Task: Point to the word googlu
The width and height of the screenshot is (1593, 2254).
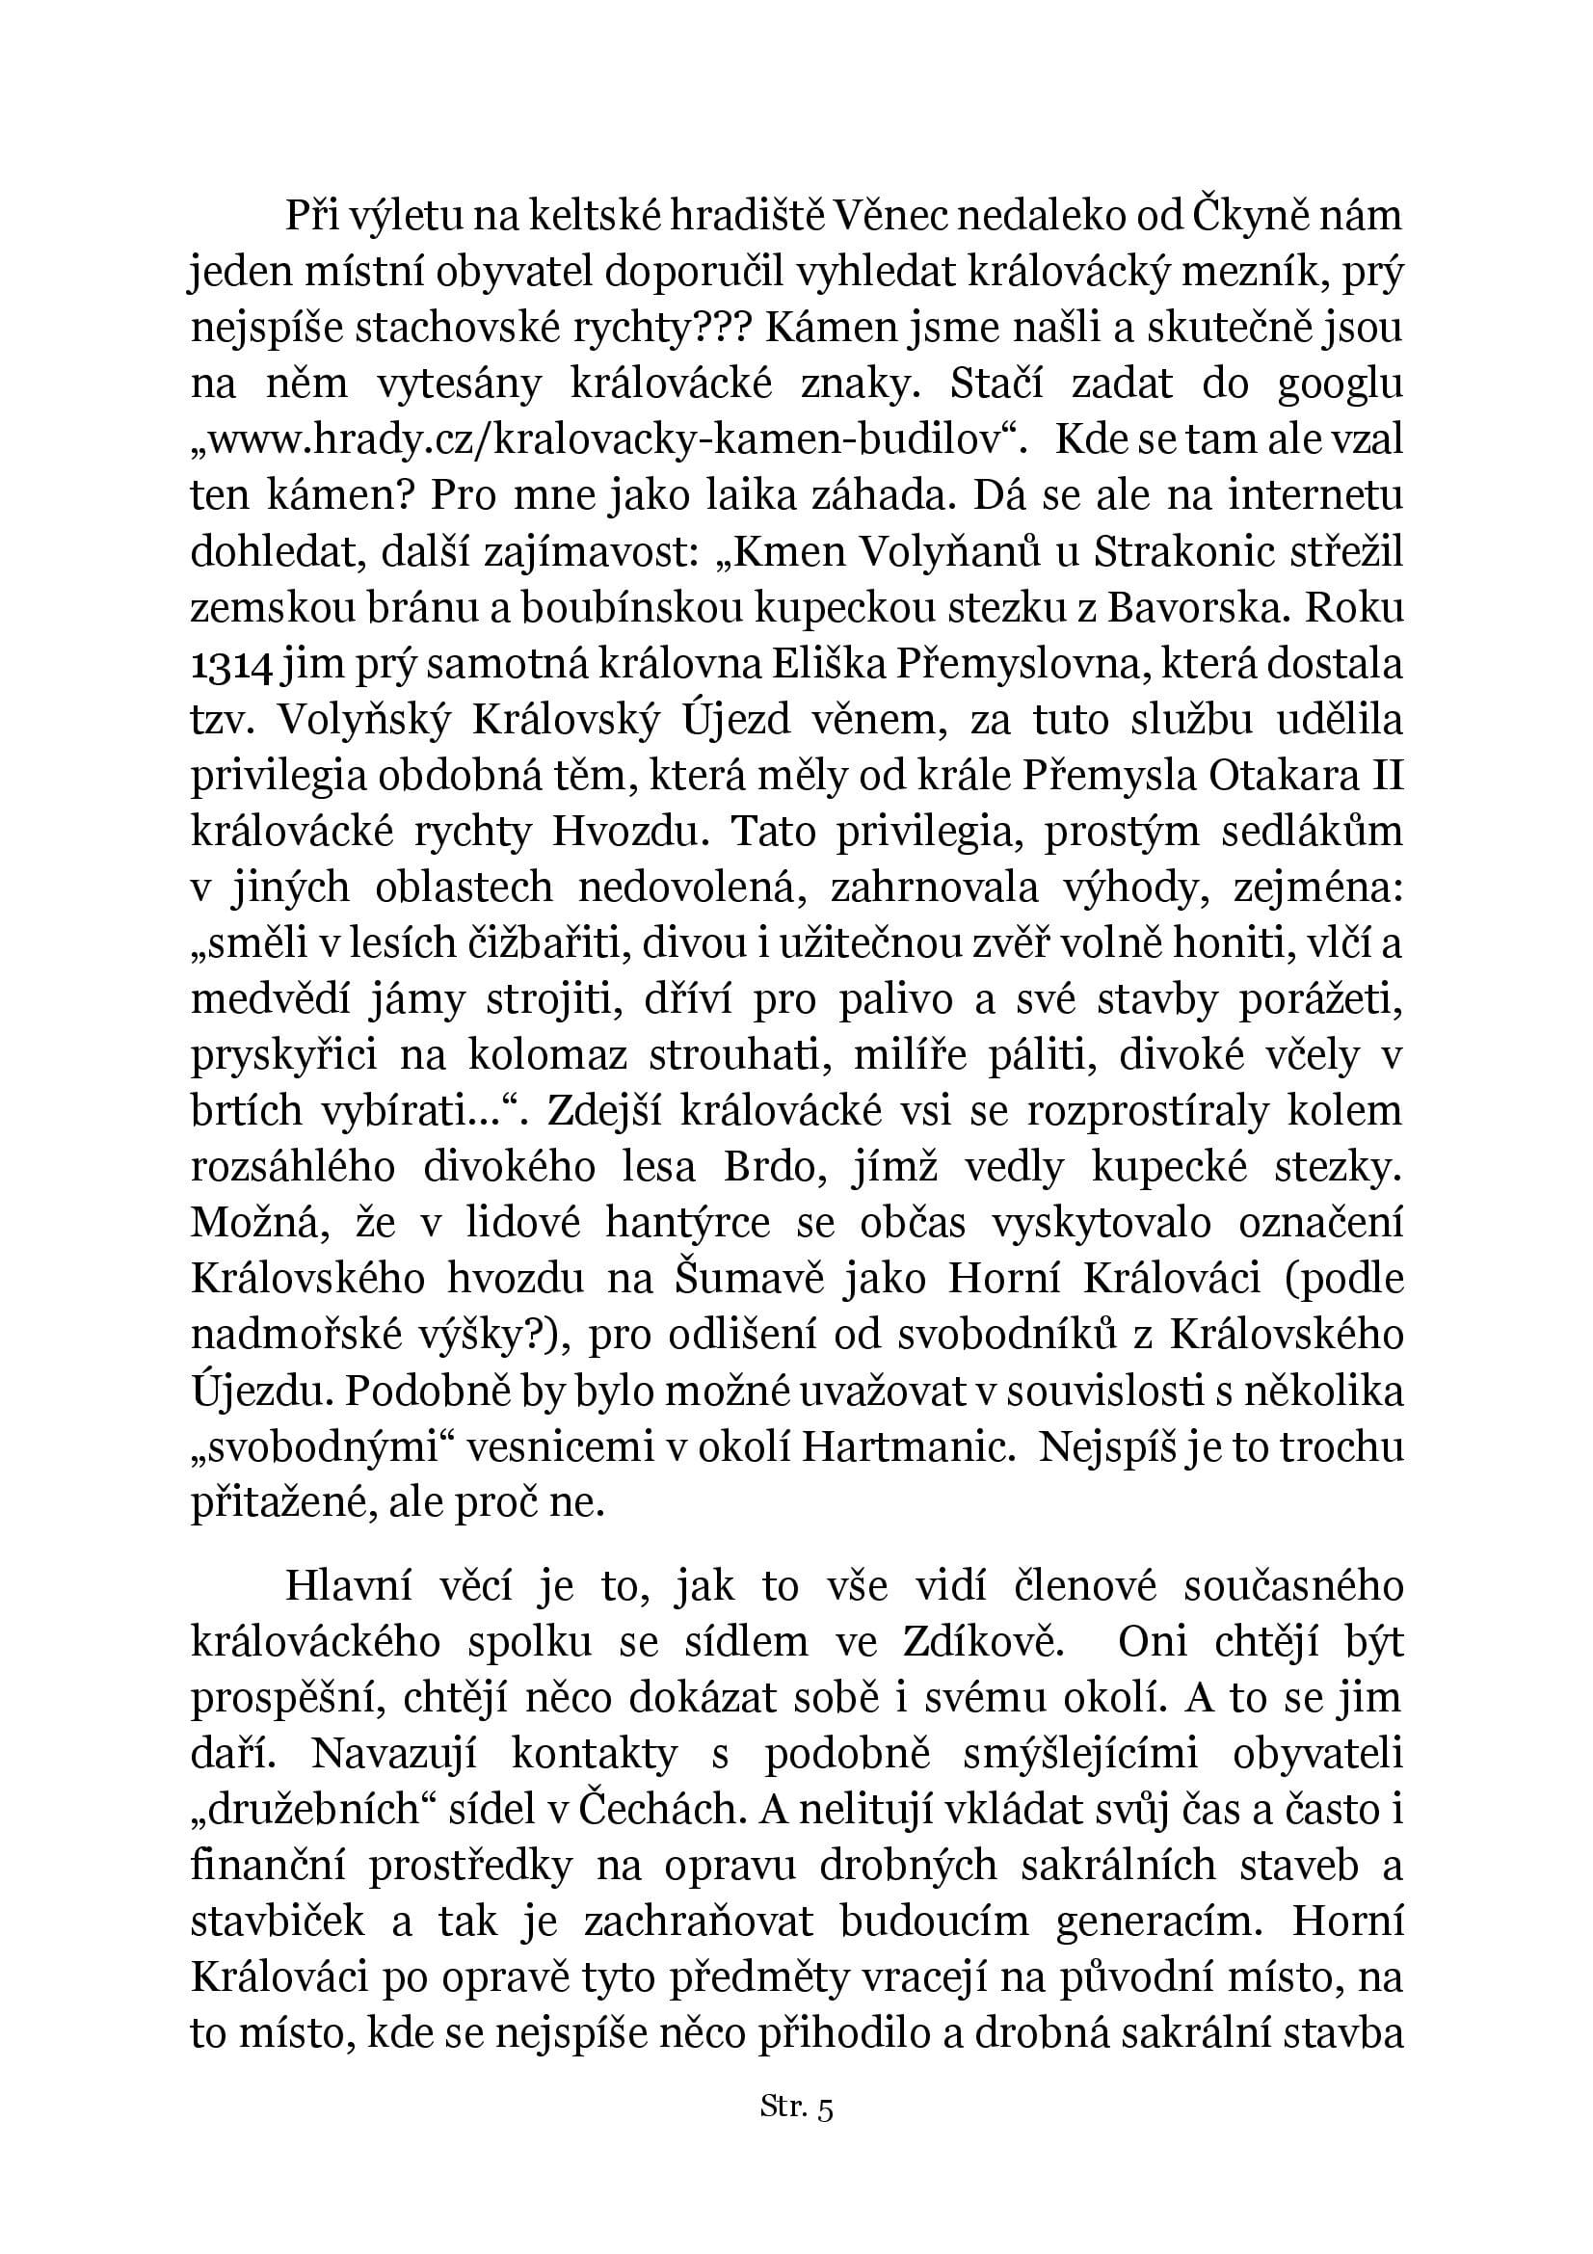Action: pyautogui.click(x=1340, y=384)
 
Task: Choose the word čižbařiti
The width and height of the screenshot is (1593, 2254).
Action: pyautogui.click(x=521, y=943)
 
